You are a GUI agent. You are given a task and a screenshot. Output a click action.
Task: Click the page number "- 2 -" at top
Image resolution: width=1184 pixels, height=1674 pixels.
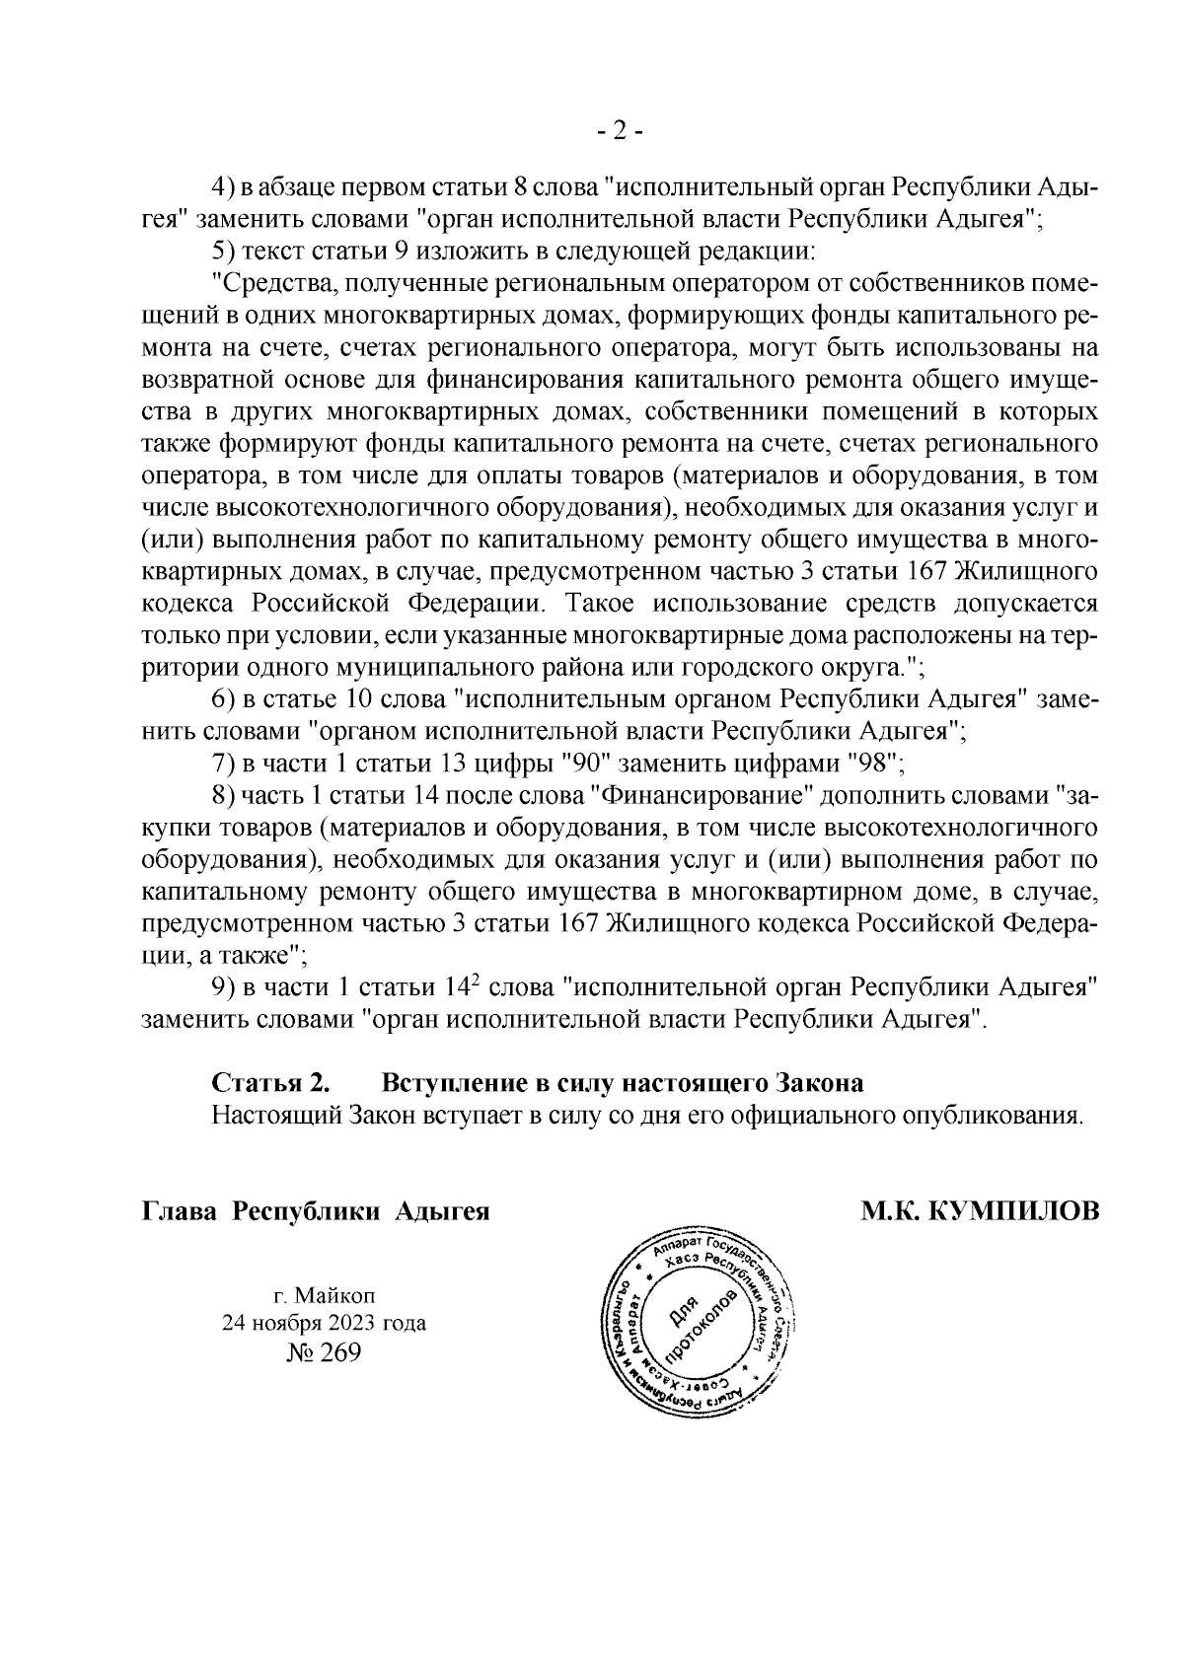coord(621,132)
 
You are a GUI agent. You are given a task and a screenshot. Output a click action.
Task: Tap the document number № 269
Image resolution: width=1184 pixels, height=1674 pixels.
coord(324,1351)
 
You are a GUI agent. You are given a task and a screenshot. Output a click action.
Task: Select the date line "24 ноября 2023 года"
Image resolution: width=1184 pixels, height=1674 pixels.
coord(324,1323)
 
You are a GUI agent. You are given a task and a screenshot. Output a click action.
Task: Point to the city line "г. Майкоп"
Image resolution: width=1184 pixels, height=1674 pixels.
coord(325,1294)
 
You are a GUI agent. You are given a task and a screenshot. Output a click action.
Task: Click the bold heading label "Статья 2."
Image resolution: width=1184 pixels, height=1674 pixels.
coord(271,1082)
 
